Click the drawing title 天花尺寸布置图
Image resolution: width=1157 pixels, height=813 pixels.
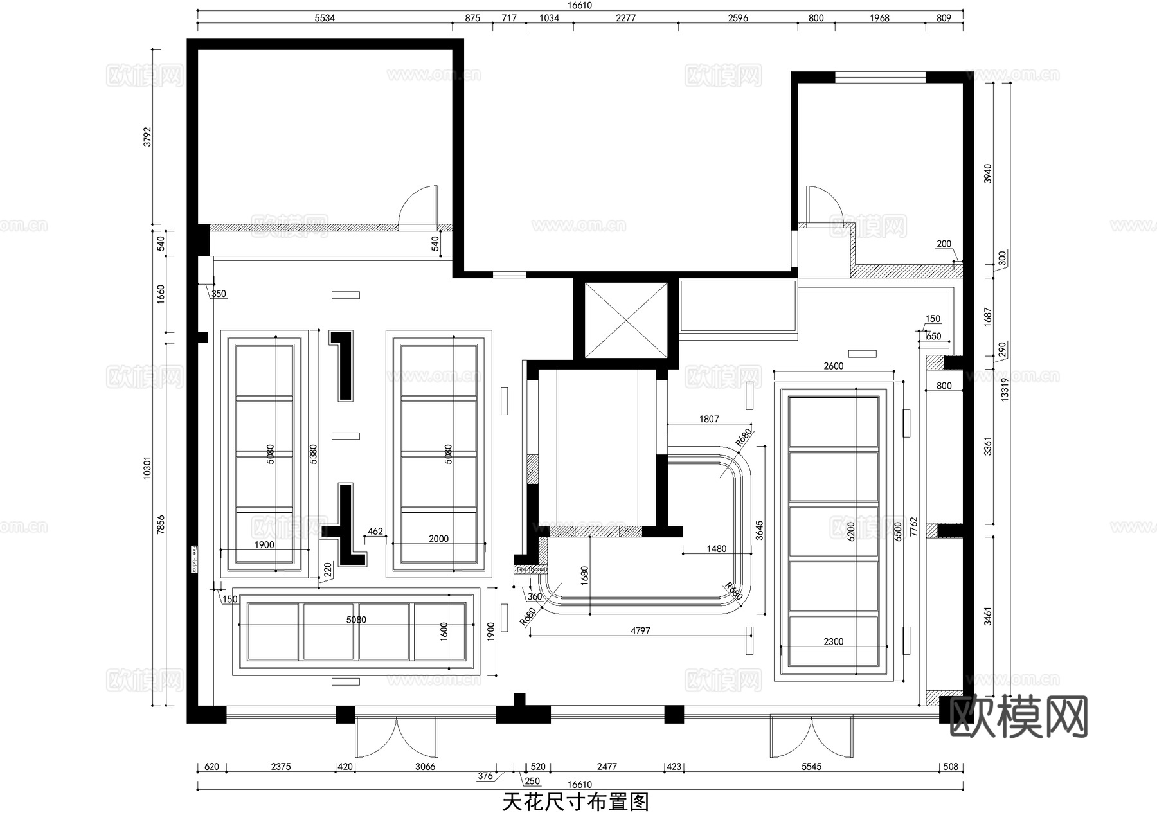click(575, 801)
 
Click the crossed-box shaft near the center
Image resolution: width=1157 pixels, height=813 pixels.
click(625, 319)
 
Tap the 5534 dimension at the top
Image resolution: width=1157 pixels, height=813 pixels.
click(325, 18)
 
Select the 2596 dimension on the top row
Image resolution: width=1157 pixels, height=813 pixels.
click(738, 18)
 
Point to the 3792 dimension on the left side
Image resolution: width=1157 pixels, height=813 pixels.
click(147, 136)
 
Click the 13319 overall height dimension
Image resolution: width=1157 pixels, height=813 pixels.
click(1005, 389)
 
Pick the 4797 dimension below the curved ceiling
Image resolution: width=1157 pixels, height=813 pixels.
click(640, 630)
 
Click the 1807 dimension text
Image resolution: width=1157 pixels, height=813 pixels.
click(709, 419)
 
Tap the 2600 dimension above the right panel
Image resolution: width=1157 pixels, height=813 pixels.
click(833, 366)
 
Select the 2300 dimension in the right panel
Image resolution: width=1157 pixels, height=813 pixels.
click(833, 641)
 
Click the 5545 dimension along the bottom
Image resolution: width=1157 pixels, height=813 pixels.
click(811, 766)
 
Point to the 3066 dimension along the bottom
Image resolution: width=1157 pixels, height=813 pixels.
click(425, 766)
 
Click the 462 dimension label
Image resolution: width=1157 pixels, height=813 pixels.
click(375, 532)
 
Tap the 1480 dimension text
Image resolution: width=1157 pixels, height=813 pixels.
click(716, 548)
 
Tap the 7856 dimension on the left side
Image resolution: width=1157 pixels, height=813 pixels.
click(161, 523)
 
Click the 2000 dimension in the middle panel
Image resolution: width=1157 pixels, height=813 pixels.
click(438, 539)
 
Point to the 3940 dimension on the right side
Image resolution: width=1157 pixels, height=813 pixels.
click(988, 173)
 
